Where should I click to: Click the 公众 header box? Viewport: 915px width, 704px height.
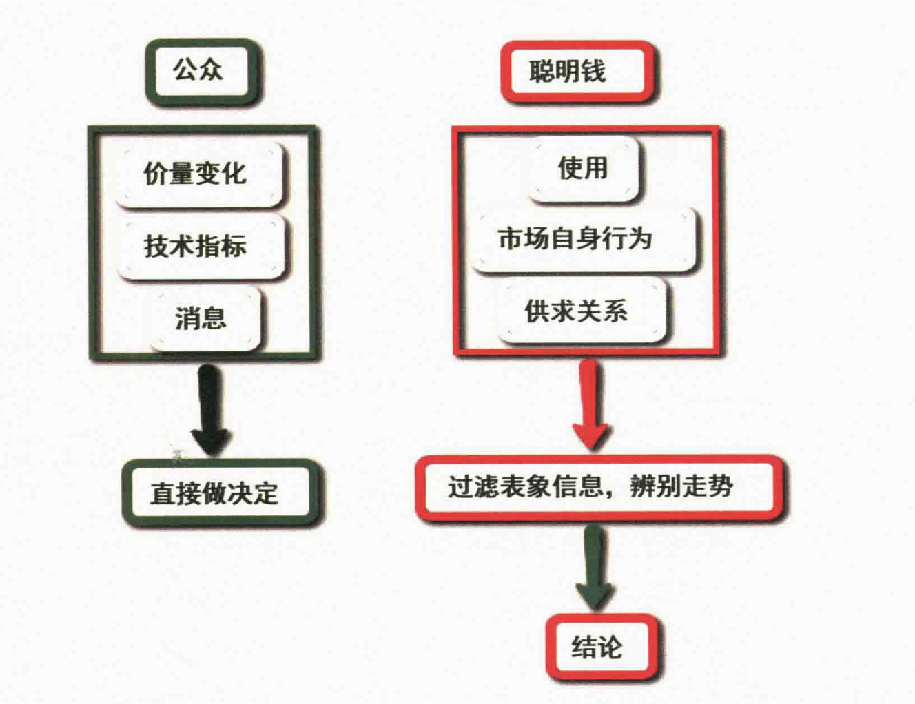(x=202, y=70)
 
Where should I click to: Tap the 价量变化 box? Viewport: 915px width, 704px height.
(x=198, y=174)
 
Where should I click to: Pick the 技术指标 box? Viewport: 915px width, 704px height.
(x=200, y=246)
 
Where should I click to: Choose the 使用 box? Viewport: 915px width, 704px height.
(x=584, y=168)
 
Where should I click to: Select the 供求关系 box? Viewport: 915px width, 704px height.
(x=581, y=311)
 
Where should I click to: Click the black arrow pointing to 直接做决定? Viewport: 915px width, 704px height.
(x=211, y=410)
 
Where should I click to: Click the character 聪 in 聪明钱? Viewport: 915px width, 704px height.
(x=542, y=72)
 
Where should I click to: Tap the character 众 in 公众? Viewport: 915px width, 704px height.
(x=210, y=70)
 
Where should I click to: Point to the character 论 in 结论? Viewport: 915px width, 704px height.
(x=610, y=647)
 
